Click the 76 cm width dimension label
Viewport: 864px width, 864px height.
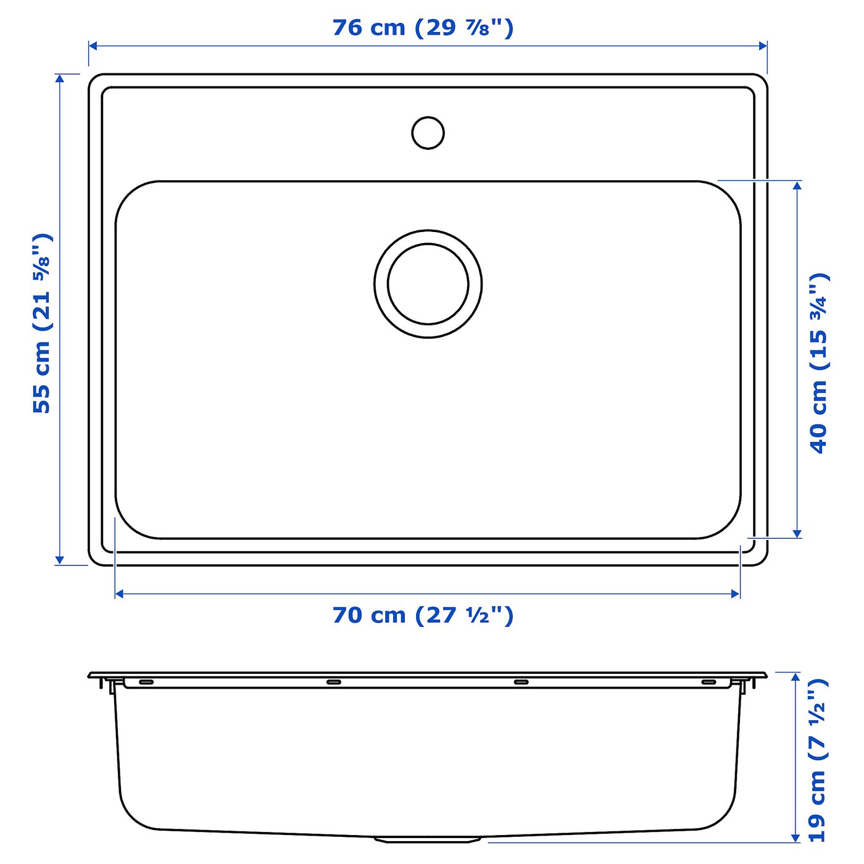423,28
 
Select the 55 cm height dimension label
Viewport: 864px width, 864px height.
42,323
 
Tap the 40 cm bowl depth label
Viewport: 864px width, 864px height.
819,363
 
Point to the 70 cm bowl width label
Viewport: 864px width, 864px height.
423,615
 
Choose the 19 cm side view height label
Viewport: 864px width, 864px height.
816,760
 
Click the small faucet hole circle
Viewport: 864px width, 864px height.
428,133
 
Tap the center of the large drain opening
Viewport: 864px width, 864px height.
428,284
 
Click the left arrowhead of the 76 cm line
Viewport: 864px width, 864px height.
93,46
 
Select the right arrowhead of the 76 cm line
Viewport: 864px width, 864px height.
763,46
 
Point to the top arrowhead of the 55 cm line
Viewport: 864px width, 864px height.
59,78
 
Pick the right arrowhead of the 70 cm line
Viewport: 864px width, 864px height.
736,594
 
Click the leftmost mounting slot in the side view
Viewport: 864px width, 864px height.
146,682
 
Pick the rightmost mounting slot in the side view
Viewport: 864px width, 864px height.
708,682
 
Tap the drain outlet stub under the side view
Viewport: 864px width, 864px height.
428,839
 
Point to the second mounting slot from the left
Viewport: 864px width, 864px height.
333,682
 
